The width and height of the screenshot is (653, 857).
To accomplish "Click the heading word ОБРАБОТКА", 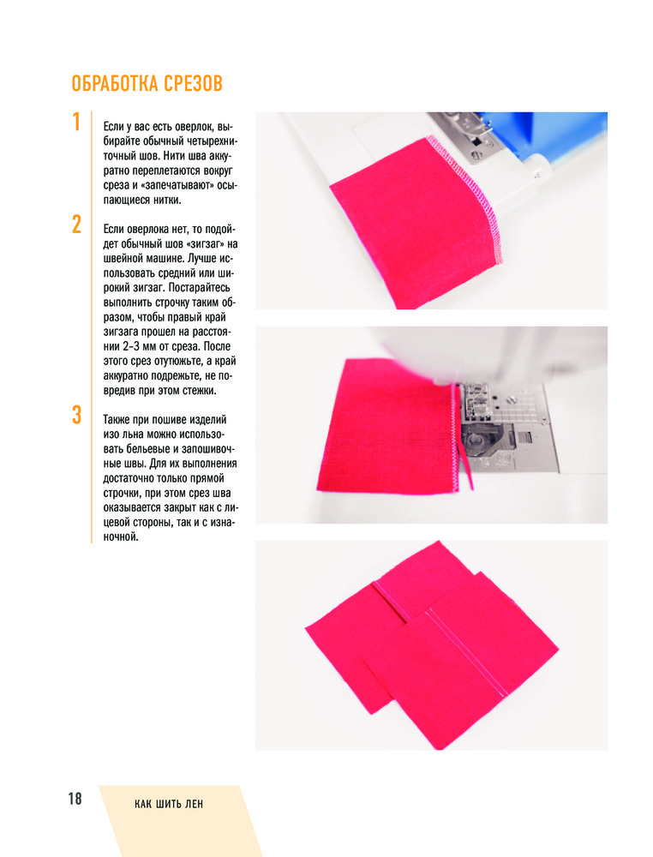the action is pyautogui.click(x=115, y=84).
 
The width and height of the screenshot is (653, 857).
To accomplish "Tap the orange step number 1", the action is pyautogui.click(x=77, y=122).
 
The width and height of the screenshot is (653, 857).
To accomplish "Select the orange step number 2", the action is pyautogui.click(x=77, y=225).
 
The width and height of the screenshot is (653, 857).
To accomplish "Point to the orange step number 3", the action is pyautogui.click(x=77, y=415).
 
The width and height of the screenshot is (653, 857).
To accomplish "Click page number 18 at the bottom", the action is pyautogui.click(x=75, y=799).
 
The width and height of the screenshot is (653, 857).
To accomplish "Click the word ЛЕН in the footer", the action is pyautogui.click(x=195, y=804).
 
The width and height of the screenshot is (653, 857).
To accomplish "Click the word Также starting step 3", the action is pyautogui.click(x=117, y=420).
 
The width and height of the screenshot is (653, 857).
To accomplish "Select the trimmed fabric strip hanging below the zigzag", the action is pyautogui.click(x=466, y=467).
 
